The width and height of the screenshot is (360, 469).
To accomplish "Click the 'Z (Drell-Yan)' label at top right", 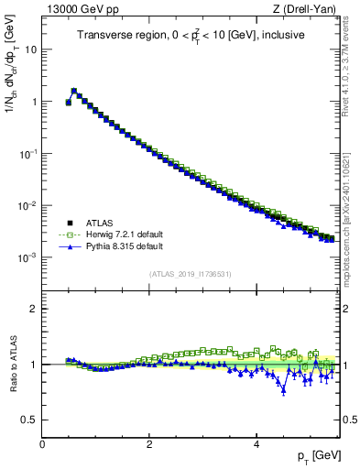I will click(309, 9).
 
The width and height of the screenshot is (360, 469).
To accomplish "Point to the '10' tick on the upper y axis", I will click(31, 49).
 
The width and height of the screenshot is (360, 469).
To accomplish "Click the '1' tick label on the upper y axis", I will click(35, 102).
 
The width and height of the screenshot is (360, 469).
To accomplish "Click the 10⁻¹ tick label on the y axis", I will click(30, 154).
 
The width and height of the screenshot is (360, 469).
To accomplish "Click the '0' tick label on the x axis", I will click(43, 443).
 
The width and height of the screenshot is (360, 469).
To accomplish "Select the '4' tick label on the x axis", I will click(256, 443).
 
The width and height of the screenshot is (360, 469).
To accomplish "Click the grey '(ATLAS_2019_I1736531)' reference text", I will click(191, 275).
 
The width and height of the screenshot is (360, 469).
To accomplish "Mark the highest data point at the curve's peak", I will click(74, 91).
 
